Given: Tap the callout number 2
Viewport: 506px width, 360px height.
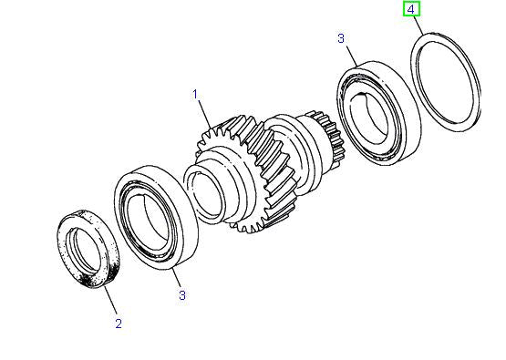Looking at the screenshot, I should click(117, 324).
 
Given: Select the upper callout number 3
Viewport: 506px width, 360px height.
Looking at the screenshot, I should click(340, 38).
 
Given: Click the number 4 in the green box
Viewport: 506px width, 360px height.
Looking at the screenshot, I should click(411, 10).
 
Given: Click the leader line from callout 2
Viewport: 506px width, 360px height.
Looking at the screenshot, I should click(110, 301).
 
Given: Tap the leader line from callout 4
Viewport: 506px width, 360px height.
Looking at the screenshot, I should click(418, 26).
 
